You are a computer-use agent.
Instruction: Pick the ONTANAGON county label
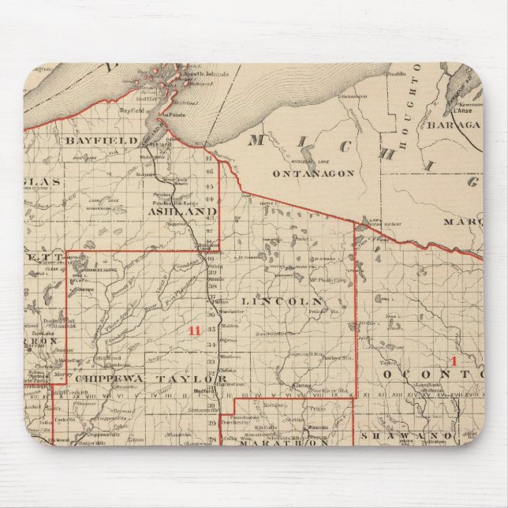point(313,173)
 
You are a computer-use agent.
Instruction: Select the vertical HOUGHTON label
point(402,126)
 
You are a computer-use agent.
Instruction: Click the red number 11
point(194,331)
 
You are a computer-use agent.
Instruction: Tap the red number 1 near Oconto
point(454,360)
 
